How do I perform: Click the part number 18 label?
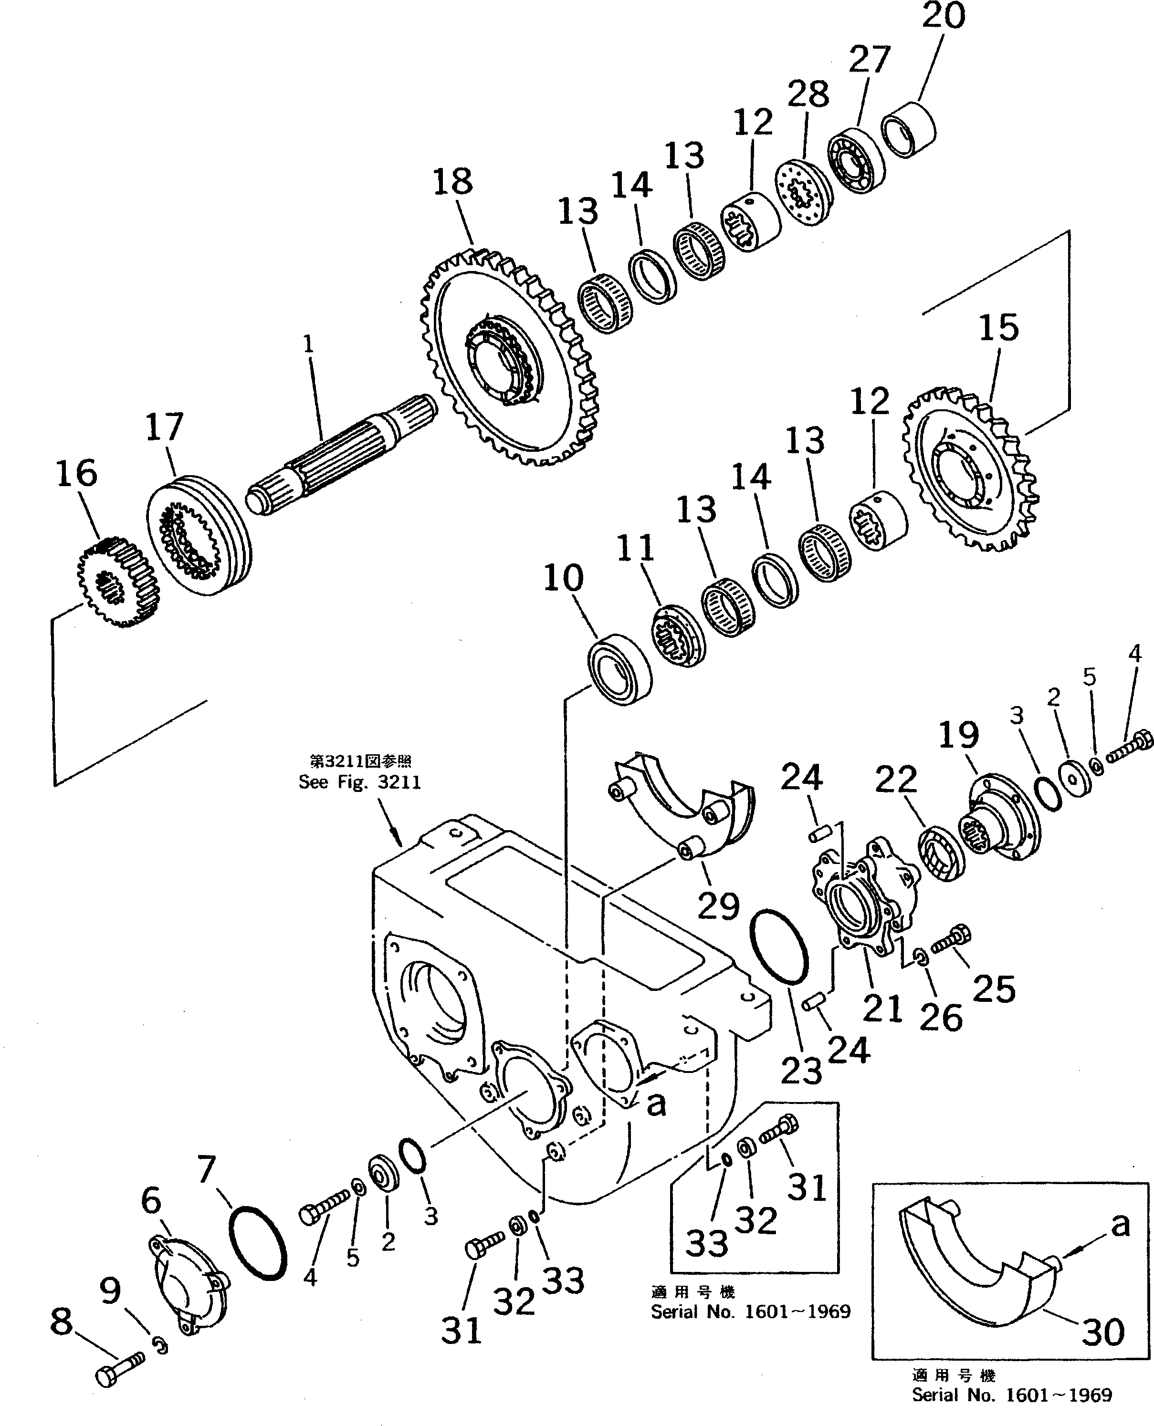[453, 181]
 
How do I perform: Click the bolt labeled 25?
[951, 940]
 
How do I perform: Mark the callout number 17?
[164, 427]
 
